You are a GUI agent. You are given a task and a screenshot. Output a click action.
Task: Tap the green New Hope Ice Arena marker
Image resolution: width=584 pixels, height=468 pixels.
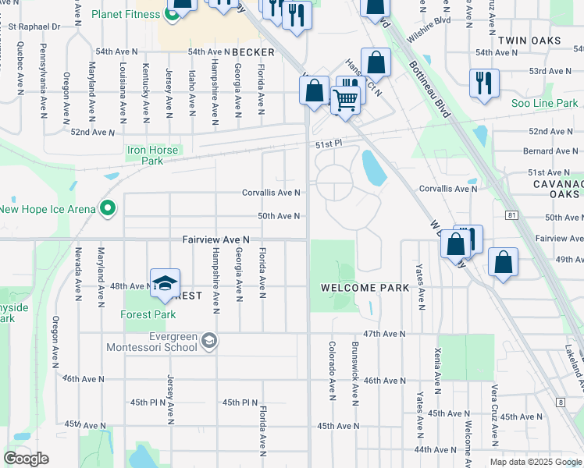point(108,209)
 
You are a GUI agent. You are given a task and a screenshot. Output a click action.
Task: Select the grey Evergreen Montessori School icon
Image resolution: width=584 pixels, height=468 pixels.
point(209,340)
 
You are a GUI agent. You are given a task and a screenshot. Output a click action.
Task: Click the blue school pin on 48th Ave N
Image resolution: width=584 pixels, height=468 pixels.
point(165,285)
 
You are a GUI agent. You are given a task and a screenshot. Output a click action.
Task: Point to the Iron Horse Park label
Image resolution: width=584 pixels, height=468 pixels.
point(152,155)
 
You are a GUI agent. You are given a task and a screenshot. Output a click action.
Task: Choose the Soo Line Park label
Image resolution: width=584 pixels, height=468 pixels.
point(544,103)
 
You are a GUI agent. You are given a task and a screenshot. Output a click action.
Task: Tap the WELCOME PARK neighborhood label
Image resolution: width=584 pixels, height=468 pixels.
point(365,288)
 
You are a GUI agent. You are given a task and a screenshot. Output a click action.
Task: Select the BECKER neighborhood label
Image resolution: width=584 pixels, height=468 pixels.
point(254,52)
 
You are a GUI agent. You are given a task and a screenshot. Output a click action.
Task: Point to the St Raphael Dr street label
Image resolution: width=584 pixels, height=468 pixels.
point(34,27)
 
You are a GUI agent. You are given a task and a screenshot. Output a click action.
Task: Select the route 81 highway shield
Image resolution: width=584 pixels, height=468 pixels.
point(511,214)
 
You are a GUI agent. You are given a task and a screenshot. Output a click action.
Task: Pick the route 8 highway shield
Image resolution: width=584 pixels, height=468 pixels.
point(561,402)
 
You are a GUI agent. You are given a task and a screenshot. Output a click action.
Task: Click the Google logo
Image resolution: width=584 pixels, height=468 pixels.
point(26,459)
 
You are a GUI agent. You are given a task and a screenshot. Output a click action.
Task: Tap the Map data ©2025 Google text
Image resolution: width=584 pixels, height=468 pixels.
point(536,462)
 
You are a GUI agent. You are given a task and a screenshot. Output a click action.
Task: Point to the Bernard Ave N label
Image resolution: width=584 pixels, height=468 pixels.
point(548,151)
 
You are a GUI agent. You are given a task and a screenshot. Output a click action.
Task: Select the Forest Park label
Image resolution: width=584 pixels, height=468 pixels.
point(148,315)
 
